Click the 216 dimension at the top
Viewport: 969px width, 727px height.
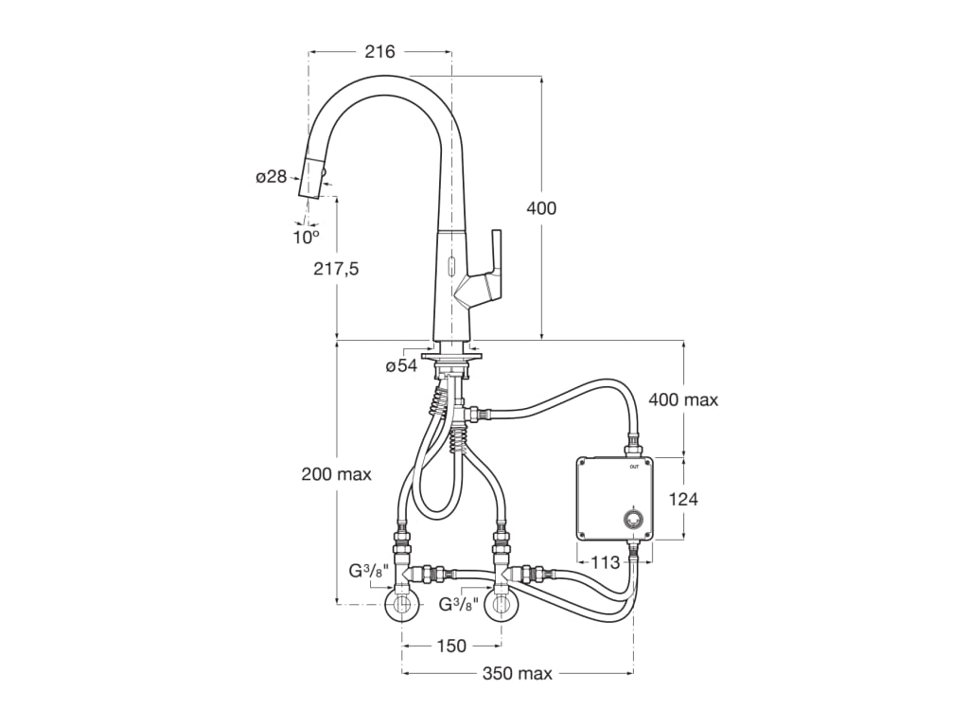tap(379, 51)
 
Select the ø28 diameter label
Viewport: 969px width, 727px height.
tap(272, 177)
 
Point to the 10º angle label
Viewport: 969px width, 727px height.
tap(306, 236)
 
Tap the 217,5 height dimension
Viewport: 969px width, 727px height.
tap(336, 269)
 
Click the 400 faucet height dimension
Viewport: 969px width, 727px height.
tap(541, 208)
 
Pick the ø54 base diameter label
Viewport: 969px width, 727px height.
tap(401, 366)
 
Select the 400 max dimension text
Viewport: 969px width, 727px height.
tap(683, 400)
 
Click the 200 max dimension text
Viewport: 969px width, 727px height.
tap(336, 474)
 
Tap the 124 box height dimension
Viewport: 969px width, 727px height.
tap(683, 498)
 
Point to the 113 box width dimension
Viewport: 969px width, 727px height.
tap(605, 562)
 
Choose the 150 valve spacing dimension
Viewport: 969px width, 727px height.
tap(451, 646)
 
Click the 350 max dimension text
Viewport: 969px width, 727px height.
tap(518, 673)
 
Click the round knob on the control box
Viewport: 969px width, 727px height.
tap(633, 520)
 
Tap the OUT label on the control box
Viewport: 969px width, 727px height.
tap(634, 467)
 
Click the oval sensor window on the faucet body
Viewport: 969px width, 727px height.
tap(450, 267)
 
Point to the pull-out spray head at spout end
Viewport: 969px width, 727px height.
tap(312, 176)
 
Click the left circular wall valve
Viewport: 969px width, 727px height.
tap(403, 605)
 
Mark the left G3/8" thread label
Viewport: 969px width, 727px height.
tap(370, 572)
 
